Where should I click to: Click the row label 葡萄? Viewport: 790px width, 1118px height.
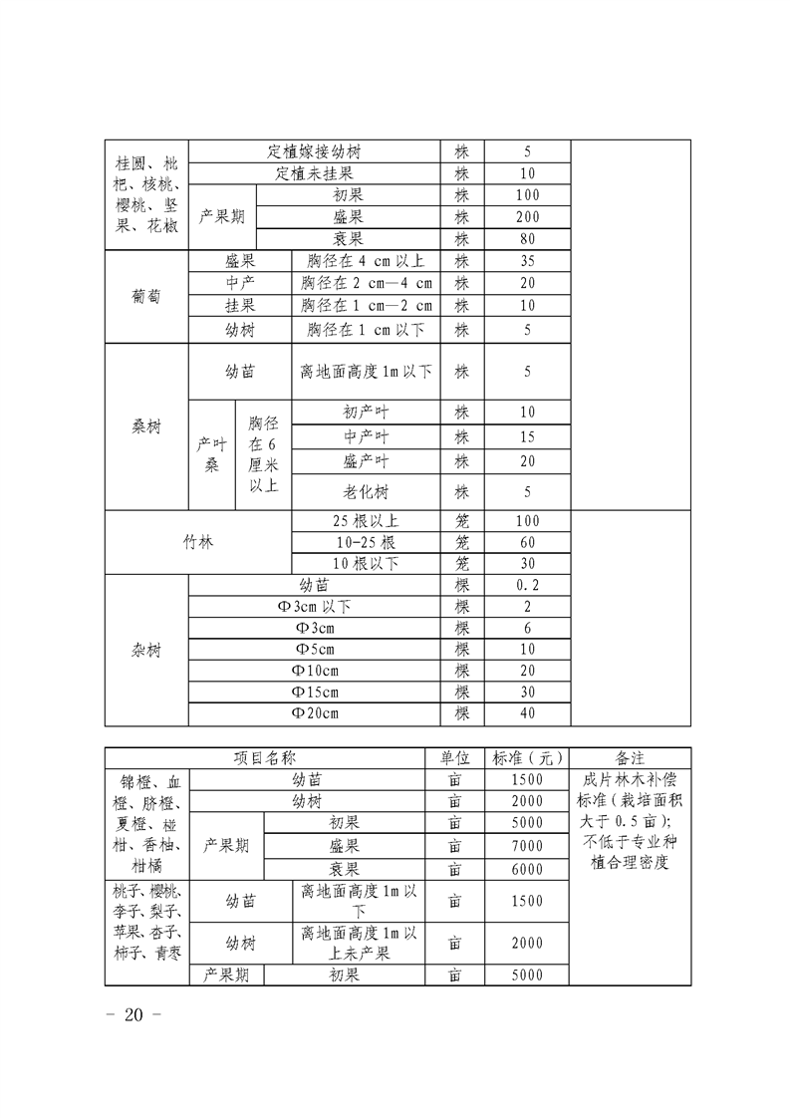pyautogui.click(x=146, y=296)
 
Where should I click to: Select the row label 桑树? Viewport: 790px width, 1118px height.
pyautogui.click(x=146, y=426)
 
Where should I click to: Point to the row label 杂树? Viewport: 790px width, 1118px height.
pyautogui.click(x=146, y=650)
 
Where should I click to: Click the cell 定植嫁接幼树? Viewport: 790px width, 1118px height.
pyautogui.click(x=314, y=152)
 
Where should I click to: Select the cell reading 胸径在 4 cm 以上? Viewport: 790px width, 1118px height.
pyautogui.click(x=366, y=261)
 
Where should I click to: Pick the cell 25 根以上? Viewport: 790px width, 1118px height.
pyautogui.click(x=366, y=521)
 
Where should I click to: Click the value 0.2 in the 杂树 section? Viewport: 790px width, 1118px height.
pyautogui.click(x=527, y=585)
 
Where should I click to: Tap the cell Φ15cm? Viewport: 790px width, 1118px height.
pyautogui.click(x=314, y=692)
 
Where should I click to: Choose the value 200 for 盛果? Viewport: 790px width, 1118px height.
pyautogui.click(x=527, y=217)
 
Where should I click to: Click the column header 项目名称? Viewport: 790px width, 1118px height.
pyautogui.click(x=264, y=758)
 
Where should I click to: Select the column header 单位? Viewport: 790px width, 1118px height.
pyautogui.click(x=454, y=758)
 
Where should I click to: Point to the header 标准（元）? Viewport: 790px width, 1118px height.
pyautogui.click(x=527, y=758)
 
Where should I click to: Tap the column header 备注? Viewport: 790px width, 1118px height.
pyautogui.click(x=630, y=758)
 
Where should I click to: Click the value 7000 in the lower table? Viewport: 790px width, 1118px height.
pyautogui.click(x=527, y=846)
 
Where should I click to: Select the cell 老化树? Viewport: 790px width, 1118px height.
pyautogui.click(x=366, y=491)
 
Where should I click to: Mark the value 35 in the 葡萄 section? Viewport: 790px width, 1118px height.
pyautogui.click(x=527, y=261)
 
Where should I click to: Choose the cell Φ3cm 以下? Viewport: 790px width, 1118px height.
pyautogui.click(x=314, y=607)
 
